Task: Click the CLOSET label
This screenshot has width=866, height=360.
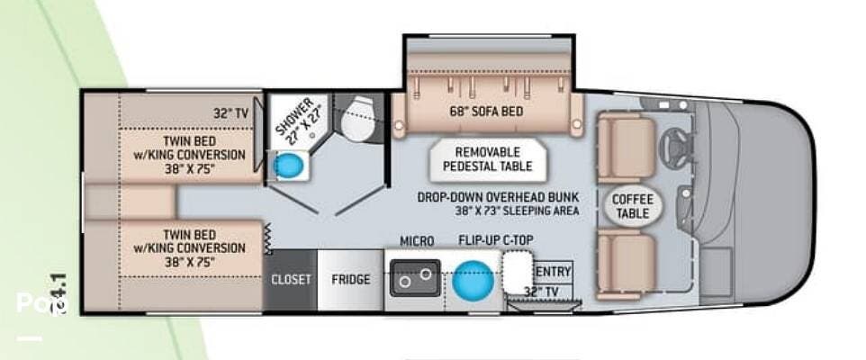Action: tap(292, 279)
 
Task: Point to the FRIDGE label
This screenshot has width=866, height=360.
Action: tap(350, 279)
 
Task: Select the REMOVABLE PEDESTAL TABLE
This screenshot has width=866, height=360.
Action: tap(493, 159)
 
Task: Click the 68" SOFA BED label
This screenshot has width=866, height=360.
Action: tap(487, 112)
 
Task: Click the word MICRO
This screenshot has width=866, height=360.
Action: tap(417, 241)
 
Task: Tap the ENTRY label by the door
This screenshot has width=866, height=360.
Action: tap(553, 271)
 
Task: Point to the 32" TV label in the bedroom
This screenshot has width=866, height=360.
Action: tap(230, 113)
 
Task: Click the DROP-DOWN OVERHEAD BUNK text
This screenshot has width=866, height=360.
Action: tap(497, 197)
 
